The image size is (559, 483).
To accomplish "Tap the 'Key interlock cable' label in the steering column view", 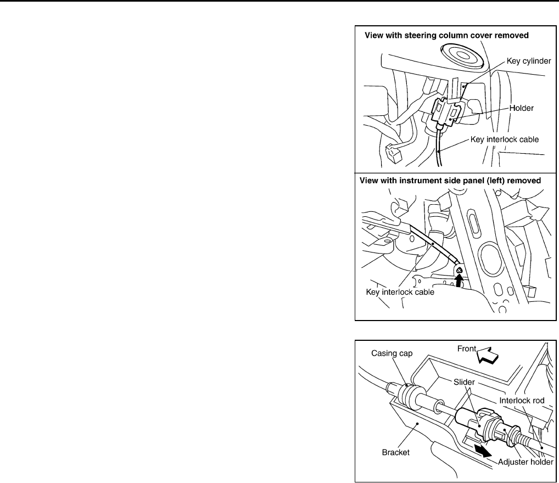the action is click(x=505, y=139).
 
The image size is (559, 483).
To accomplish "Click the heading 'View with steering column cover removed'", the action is click(x=447, y=36).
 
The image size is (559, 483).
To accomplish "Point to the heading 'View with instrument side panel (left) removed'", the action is click(x=450, y=180).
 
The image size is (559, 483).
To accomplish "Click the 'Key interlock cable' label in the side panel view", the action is click(x=400, y=292).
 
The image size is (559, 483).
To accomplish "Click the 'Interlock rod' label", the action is click(x=522, y=401).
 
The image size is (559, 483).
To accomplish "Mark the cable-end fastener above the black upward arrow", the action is click(x=458, y=269).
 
